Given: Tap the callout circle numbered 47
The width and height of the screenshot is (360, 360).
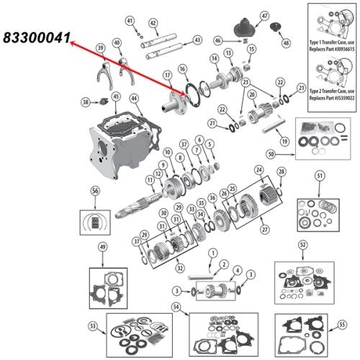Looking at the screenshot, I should point(264,16).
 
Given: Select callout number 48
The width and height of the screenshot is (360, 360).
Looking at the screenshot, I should point(287,43).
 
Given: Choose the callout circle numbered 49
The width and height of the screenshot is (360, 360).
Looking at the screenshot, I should point(102,248).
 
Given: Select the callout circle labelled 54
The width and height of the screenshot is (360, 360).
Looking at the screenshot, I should point(176,307).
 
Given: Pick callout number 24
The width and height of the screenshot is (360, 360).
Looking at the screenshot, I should point(258,170).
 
